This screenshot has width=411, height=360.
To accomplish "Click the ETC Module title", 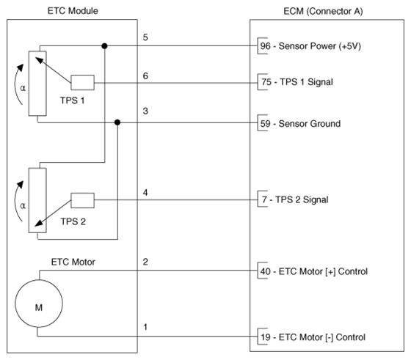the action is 73,11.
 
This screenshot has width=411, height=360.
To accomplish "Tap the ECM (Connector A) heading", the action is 323,11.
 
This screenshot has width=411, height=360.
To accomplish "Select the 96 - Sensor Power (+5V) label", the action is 310,46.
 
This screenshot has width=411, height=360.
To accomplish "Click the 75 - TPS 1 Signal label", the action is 297,82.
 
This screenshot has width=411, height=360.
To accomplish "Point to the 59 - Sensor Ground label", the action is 300,124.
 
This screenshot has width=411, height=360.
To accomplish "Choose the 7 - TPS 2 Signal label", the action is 295,199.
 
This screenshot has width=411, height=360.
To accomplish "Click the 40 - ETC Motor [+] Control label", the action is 314,271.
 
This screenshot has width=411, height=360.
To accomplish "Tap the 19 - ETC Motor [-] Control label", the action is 313,337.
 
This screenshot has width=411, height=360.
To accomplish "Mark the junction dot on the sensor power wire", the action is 104,46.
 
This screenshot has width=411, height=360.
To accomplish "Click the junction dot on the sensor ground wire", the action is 117,122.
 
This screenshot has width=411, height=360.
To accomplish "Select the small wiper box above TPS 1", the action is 82,83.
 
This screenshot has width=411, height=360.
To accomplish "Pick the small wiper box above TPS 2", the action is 82,201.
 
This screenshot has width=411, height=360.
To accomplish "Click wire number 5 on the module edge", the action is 145,37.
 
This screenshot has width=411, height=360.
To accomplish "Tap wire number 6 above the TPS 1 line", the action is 145,76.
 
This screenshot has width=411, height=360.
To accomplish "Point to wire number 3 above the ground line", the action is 145,111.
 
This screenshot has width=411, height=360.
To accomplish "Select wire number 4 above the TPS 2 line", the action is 145,193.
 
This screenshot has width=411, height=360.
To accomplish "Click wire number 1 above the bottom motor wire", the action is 145,327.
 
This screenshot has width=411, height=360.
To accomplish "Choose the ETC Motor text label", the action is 73,262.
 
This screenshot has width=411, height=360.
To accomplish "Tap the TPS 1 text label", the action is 73,100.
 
